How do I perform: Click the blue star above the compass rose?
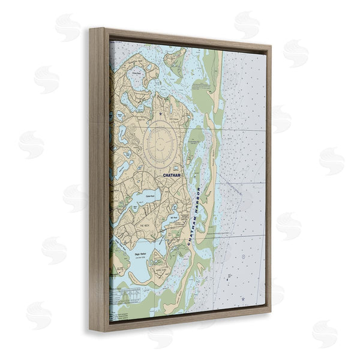pos(160,113)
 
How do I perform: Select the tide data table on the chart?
pos(130,295)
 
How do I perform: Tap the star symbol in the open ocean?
pos(242,298)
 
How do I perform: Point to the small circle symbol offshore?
pos(243,257)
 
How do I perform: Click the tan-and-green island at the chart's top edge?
pos(176,58)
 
